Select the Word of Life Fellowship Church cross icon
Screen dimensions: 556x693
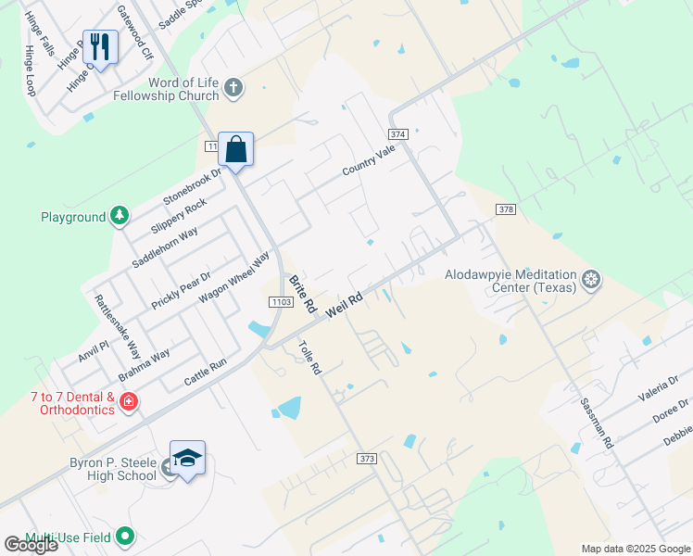click(233, 89)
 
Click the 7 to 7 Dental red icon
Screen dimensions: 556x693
click(128, 402)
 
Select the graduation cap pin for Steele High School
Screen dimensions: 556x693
click(187, 460)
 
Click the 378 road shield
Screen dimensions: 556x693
click(505, 209)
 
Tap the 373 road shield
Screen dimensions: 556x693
click(367, 459)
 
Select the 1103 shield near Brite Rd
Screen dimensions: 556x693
click(281, 302)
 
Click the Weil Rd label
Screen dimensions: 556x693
click(342, 304)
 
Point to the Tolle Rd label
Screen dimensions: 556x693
click(309, 358)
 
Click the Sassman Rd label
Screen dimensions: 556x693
click(597, 424)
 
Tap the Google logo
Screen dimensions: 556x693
click(31, 545)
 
